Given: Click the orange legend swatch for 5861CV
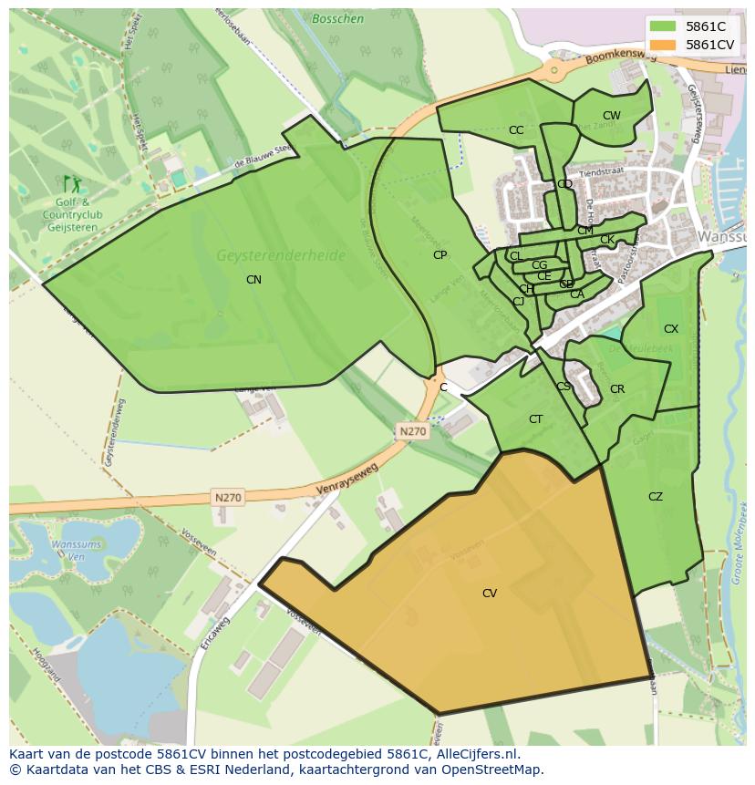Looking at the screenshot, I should (x=663, y=45).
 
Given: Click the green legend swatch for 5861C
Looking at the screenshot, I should (x=663, y=26).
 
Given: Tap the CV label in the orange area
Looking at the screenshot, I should (x=490, y=594).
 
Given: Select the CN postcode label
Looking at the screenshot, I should (x=253, y=280).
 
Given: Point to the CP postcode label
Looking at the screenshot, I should (x=440, y=255).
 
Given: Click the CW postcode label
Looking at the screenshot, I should (x=611, y=116).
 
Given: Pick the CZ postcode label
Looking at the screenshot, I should (x=656, y=497).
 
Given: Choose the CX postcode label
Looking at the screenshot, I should (x=671, y=329).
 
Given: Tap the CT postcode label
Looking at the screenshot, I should (x=536, y=419).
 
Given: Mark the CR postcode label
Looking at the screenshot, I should (x=617, y=389).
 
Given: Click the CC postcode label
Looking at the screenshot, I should (x=516, y=130).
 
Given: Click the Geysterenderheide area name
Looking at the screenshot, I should (x=281, y=256).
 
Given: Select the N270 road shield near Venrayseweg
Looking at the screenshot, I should (x=228, y=497).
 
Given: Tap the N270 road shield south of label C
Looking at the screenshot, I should (x=411, y=431).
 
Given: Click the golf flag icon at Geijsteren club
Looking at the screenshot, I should (x=67, y=183).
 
